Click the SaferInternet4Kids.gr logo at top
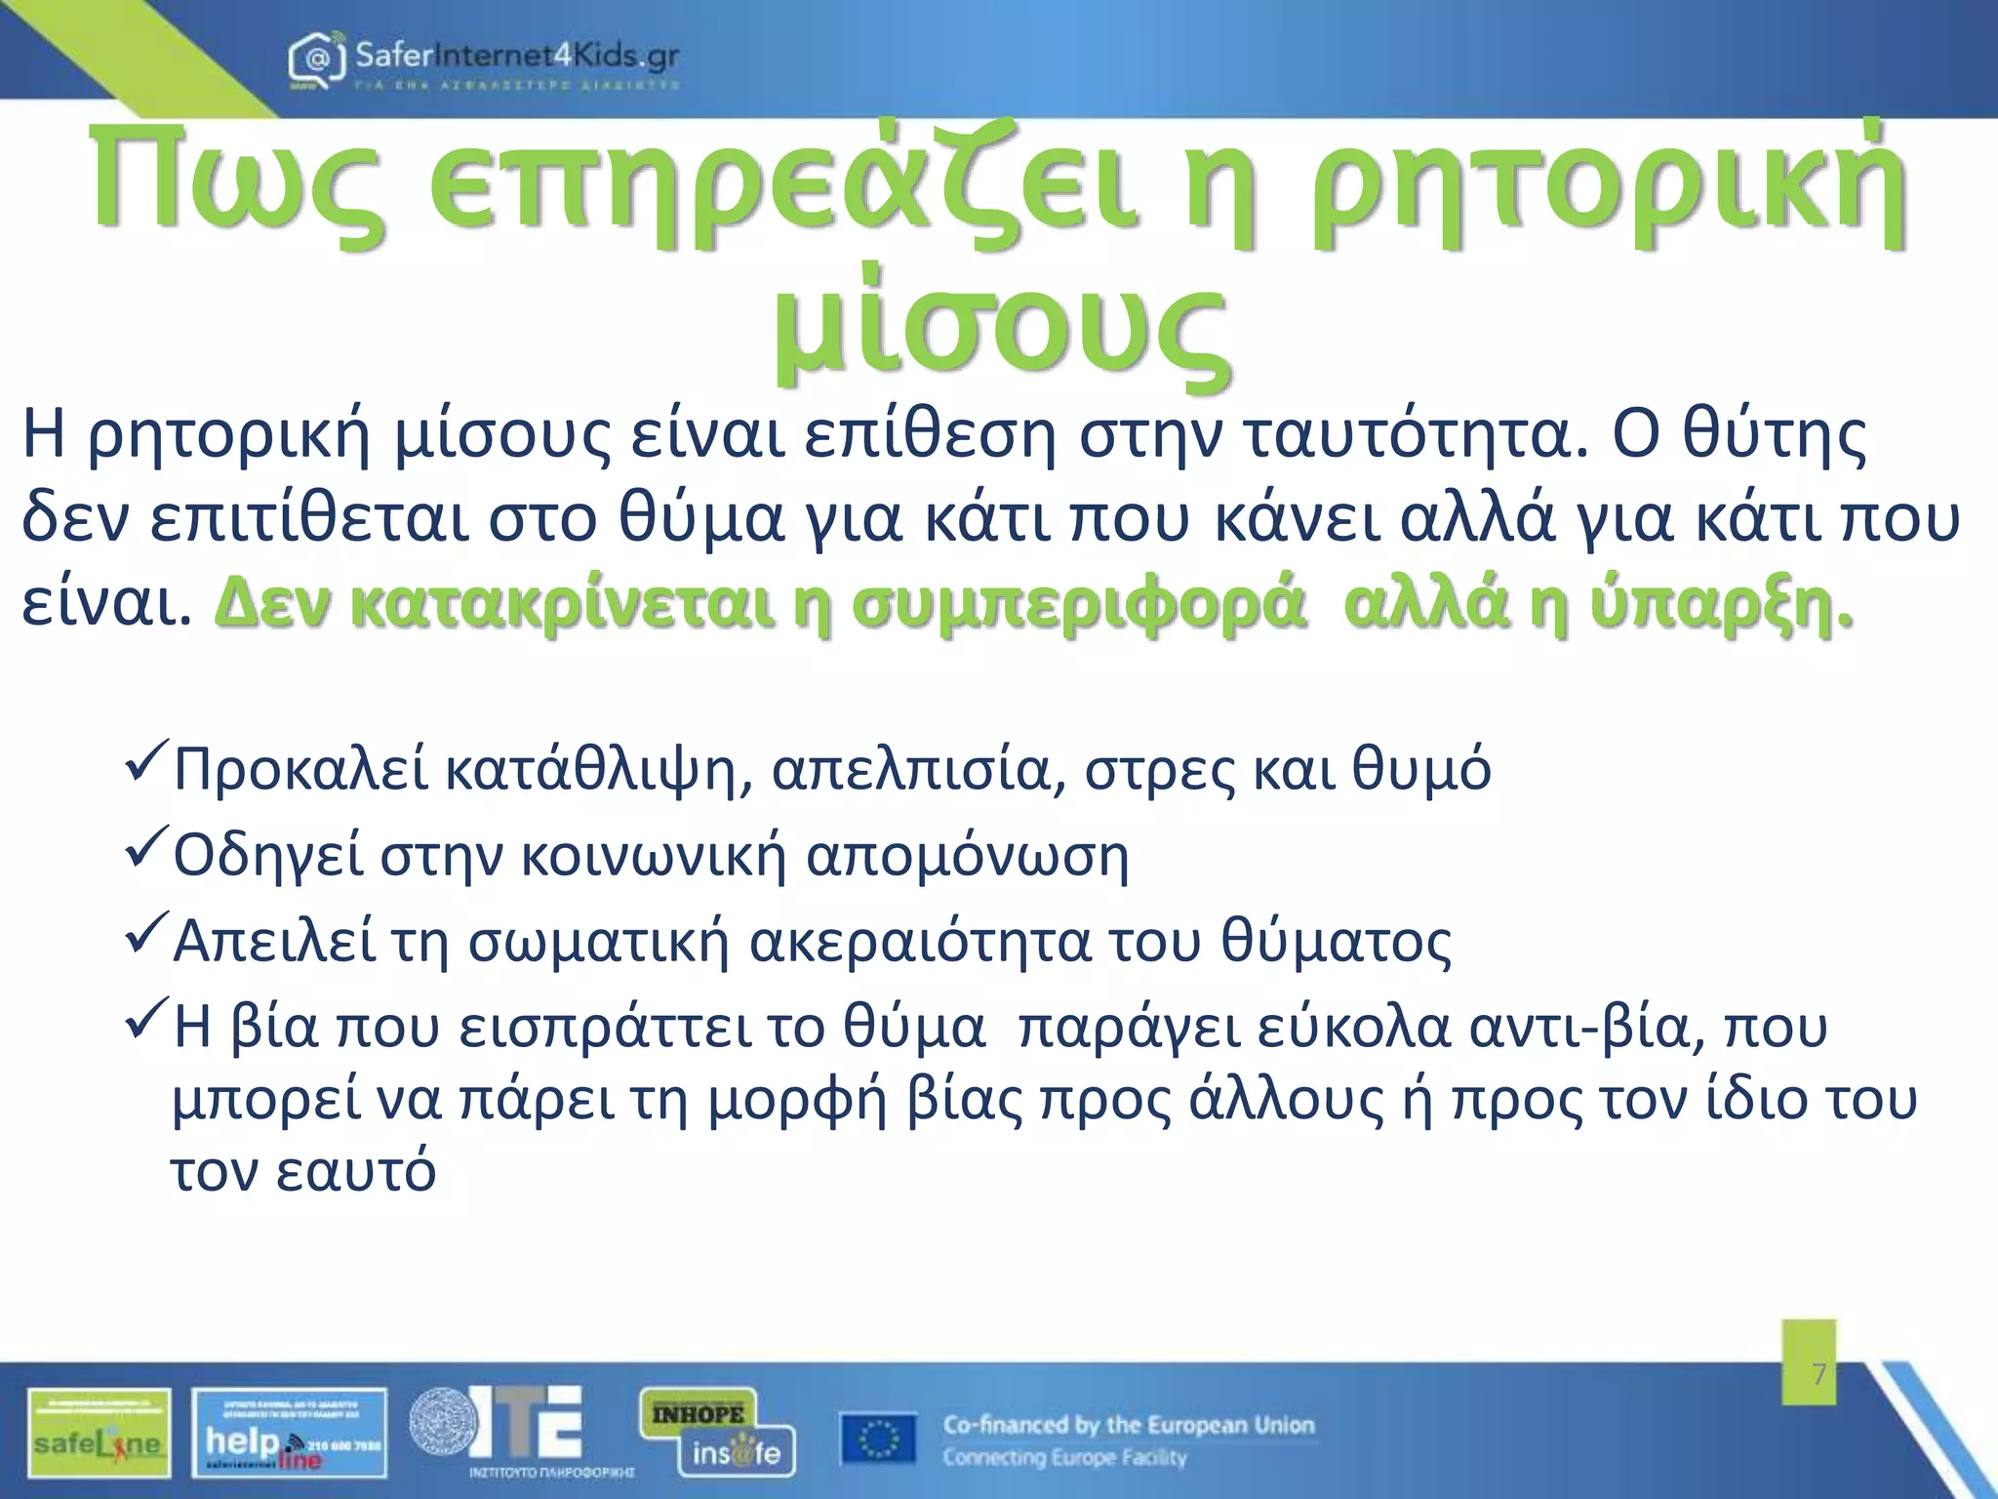pyautogui.click(x=484, y=61)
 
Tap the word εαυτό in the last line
pyautogui.click(x=355, y=1171)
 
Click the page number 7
pyautogui.click(x=1818, y=1375)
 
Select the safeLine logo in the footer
pyautogui.click(x=100, y=1433)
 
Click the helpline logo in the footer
pyautogui.click(x=290, y=1433)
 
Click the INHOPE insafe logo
pyautogui.click(x=717, y=1433)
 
